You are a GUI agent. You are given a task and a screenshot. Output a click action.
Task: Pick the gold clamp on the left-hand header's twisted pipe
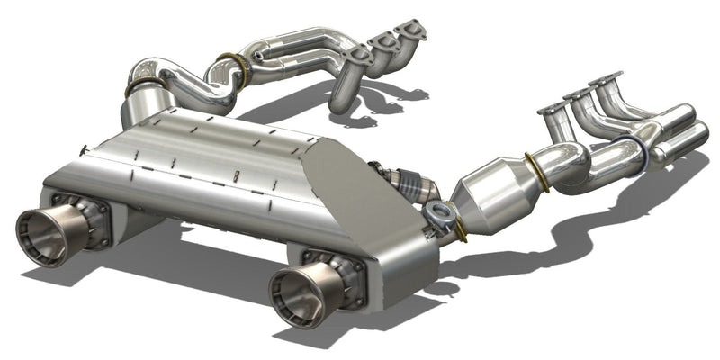pyautogui.click(x=232, y=65)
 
